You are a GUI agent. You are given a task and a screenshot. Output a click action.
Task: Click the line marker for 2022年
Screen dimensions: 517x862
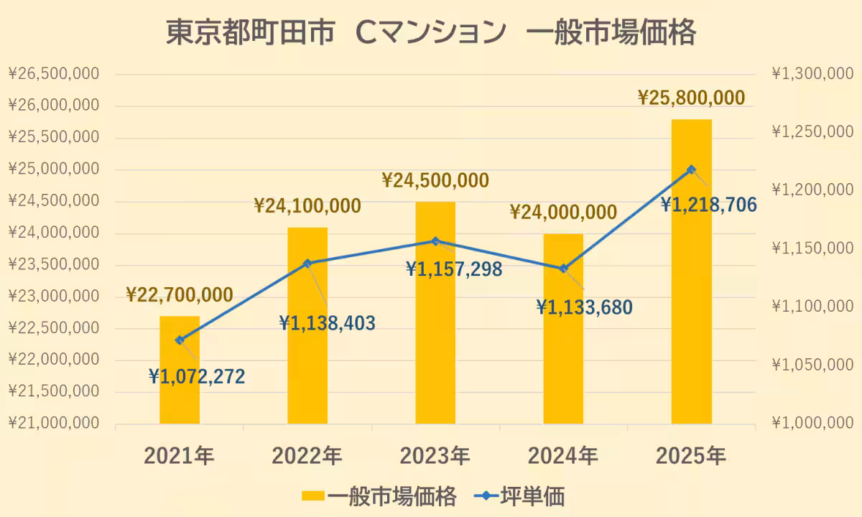pos(307,264)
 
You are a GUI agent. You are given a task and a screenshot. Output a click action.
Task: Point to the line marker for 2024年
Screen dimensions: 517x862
pos(564,269)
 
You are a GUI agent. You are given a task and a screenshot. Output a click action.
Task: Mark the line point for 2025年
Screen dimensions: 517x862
pos(692,169)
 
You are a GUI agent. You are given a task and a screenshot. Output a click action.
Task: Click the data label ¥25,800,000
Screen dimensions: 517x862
pos(692,97)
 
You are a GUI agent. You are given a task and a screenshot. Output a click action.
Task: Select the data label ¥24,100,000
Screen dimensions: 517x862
pos(307,207)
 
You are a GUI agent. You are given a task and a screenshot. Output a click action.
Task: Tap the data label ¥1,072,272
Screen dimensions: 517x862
pos(197,376)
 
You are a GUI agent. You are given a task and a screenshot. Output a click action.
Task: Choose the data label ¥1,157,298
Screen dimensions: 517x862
pos(454,269)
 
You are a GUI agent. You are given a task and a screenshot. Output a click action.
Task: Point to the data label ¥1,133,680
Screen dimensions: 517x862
pos(584,308)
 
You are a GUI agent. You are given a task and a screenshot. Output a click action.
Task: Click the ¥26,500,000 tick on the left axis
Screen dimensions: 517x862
pos(54,74)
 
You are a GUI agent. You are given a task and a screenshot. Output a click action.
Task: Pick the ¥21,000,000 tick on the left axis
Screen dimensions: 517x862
pos(54,424)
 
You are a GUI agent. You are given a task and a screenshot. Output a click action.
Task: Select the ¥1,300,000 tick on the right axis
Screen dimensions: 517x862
pos(812,74)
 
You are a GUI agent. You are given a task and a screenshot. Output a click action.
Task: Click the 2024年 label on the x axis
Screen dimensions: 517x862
pos(563,456)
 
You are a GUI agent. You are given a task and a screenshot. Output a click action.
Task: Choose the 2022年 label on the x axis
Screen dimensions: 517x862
pos(307,456)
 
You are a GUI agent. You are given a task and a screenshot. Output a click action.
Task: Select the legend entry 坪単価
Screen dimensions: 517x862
pos(532,496)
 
